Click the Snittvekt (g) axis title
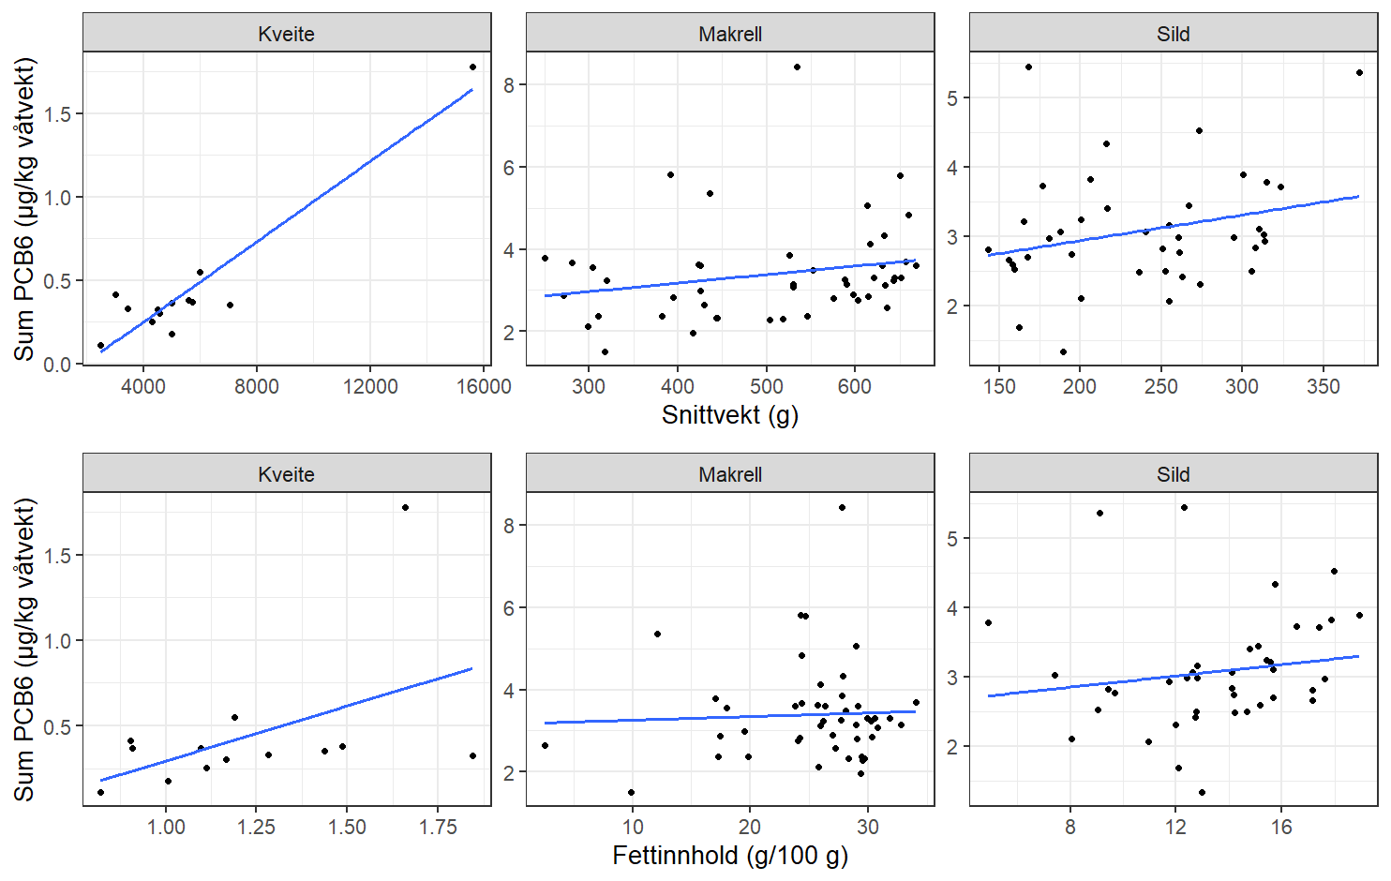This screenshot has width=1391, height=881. (x=729, y=415)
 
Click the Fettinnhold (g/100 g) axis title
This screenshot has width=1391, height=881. (x=729, y=856)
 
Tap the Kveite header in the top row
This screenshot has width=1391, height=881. (x=286, y=34)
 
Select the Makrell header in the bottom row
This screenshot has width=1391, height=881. (x=729, y=474)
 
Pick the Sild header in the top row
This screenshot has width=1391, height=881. (x=1173, y=34)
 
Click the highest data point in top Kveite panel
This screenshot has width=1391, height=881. (x=472, y=67)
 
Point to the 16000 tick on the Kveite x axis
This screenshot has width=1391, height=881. (x=484, y=387)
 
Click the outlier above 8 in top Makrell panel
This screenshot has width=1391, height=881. (x=797, y=67)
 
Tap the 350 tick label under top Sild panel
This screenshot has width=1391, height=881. (x=1323, y=387)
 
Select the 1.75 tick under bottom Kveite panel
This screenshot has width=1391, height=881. (x=438, y=828)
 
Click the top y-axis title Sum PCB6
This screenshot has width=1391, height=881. (x=24, y=208)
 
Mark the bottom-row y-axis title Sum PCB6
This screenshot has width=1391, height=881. (x=24, y=649)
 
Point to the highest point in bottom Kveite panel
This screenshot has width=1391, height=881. (x=405, y=508)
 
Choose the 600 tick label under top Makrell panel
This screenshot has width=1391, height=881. (x=855, y=387)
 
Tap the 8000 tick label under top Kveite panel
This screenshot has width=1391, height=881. (x=256, y=387)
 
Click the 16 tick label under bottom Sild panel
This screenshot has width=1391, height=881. (x=1281, y=828)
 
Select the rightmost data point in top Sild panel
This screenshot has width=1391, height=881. (x=1359, y=73)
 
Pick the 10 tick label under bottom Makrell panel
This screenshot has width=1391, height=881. (x=633, y=828)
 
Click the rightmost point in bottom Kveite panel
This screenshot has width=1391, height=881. (x=472, y=755)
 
